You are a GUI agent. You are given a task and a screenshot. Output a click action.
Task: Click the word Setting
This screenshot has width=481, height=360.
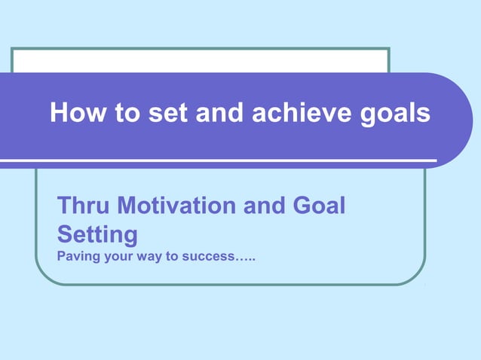click(97, 235)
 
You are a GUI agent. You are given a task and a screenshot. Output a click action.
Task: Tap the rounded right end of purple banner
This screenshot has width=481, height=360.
click(456, 121)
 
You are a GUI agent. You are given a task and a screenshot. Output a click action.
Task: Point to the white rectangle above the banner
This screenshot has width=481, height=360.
click(200, 60)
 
